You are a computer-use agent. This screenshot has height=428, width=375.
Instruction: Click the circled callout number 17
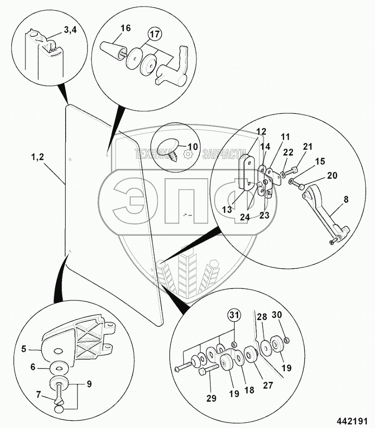[155, 34]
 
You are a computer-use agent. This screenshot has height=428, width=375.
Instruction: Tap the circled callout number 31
[234, 316]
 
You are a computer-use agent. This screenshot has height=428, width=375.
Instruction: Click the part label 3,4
[70, 30]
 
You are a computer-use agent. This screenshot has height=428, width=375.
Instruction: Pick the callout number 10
[192, 147]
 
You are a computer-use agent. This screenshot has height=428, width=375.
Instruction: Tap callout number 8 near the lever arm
[346, 199]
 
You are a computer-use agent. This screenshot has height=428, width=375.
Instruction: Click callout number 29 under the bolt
[211, 398]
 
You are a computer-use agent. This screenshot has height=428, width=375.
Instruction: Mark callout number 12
[261, 132]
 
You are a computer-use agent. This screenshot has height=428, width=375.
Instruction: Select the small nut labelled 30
[287, 340]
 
